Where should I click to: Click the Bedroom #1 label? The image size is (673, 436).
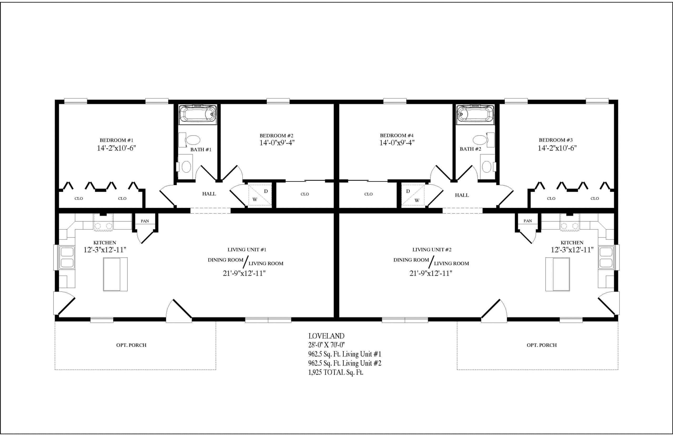(116, 140)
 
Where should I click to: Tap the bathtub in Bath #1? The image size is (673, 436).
(198, 115)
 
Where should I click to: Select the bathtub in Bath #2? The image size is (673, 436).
(475, 115)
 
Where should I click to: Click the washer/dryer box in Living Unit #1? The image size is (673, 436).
(260, 195)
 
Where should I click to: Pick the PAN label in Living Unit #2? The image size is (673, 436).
(527, 221)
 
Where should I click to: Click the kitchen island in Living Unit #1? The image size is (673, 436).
(115, 274)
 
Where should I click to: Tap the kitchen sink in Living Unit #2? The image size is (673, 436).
(606, 257)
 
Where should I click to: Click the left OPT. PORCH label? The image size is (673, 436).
(131, 345)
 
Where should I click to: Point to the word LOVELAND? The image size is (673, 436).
(326, 336)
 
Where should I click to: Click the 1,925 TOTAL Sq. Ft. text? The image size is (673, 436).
(335, 372)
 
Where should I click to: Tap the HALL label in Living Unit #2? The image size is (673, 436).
(462, 195)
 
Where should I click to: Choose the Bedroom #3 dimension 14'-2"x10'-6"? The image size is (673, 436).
(557, 148)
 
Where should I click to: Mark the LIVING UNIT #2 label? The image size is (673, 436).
(432, 250)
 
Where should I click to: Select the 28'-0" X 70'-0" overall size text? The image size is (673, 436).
(326, 345)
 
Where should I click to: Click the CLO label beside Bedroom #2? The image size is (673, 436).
(304, 194)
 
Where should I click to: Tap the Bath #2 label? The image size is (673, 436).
(470, 149)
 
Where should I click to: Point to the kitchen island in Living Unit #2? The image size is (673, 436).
(557, 274)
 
